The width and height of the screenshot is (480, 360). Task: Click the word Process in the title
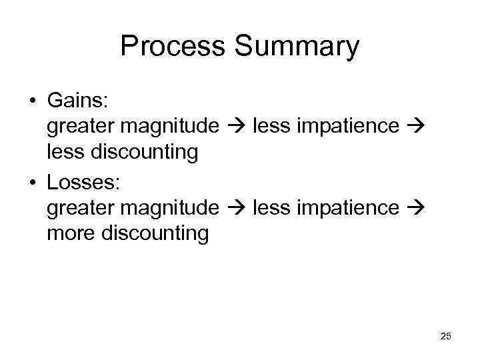(x=173, y=47)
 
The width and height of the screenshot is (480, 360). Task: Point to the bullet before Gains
(x=31, y=101)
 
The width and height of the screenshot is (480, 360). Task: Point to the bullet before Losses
(x=31, y=181)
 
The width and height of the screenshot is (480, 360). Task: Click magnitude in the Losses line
(x=171, y=207)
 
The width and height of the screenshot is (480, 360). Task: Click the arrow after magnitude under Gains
(x=236, y=127)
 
